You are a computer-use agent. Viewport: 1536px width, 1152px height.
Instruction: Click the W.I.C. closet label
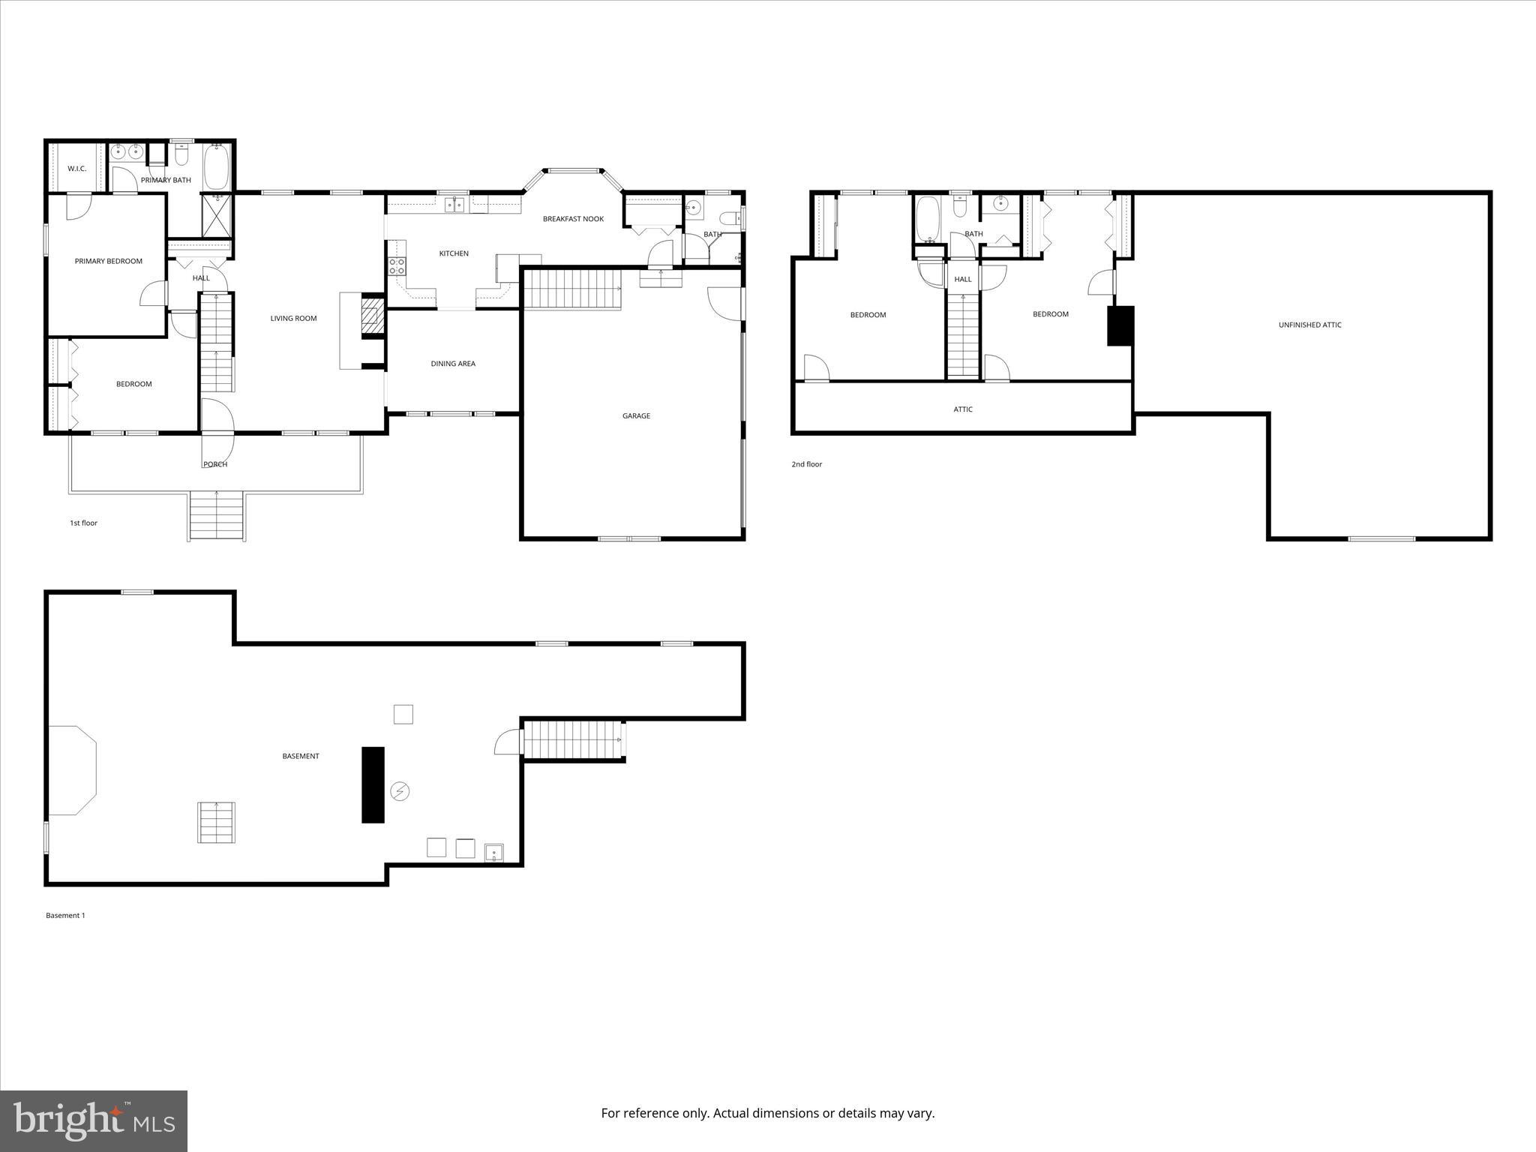tap(76, 169)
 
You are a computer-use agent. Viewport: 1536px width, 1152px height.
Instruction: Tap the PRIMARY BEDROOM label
tap(108, 261)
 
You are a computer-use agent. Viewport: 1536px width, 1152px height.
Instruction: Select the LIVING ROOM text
tap(293, 318)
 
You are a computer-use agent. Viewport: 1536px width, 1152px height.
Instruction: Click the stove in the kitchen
tap(397, 265)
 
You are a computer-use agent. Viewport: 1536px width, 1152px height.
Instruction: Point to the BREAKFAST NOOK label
tap(573, 219)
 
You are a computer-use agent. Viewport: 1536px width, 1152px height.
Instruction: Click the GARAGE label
tap(636, 415)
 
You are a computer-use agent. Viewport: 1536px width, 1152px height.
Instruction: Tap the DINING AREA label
tap(453, 364)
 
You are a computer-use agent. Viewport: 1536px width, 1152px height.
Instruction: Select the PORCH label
tap(215, 464)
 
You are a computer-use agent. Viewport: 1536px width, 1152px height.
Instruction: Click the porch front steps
tap(217, 516)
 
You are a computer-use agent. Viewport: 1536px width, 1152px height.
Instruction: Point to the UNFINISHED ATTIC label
tap(1309, 325)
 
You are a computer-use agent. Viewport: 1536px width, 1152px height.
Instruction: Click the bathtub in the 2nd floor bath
tap(927, 219)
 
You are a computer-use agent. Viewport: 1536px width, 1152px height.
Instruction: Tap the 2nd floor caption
tap(806, 464)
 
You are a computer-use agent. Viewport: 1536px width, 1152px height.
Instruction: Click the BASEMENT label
tap(301, 756)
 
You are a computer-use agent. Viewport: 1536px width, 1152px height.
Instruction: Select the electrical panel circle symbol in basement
tap(400, 791)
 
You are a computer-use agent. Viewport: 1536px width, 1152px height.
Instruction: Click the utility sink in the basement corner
tap(494, 853)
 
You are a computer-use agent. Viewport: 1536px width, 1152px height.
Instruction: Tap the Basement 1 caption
tap(65, 915)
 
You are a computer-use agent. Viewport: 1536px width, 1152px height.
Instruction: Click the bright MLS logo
tap(94, 1120)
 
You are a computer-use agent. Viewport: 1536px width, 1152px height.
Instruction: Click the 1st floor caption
tap(83, 523)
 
